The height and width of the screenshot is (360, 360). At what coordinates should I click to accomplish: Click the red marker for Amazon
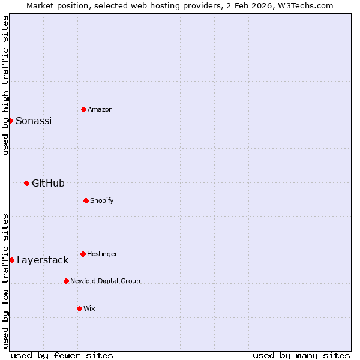click(83, 109)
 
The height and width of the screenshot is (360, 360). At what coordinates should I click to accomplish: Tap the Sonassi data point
click(10, 121)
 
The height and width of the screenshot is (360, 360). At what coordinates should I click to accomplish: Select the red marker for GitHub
click(26, 183)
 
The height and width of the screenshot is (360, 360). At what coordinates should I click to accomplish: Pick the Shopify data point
click(86, 200)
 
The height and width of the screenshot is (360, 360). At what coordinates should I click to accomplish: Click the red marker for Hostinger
click(83, 254)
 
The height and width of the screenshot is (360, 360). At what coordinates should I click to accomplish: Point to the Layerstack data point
click(11, 260)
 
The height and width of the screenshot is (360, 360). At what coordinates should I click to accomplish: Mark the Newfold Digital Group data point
click(66, 281)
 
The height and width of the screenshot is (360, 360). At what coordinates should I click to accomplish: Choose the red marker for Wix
click(79, 308)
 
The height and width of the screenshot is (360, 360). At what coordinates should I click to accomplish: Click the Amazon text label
click(100, 109)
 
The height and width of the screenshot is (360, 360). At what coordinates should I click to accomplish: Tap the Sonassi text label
click(34, 121)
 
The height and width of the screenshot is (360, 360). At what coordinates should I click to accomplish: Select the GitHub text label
click(48, 183)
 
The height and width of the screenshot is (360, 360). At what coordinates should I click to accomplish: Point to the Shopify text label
click(102, 200)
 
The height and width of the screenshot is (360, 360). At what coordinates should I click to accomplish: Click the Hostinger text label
click(102, 254)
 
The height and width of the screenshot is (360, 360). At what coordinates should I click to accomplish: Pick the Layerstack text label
click(43, 260)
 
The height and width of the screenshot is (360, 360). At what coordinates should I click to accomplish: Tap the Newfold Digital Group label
click(105, 281)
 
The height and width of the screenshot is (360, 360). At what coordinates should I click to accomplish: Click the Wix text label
click(89, 308)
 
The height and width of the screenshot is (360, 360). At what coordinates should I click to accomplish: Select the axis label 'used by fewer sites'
click(62, 355)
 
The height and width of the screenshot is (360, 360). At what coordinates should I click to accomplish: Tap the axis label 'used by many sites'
click(301, 355)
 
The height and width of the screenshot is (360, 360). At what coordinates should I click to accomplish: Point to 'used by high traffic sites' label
click(5, 85)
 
